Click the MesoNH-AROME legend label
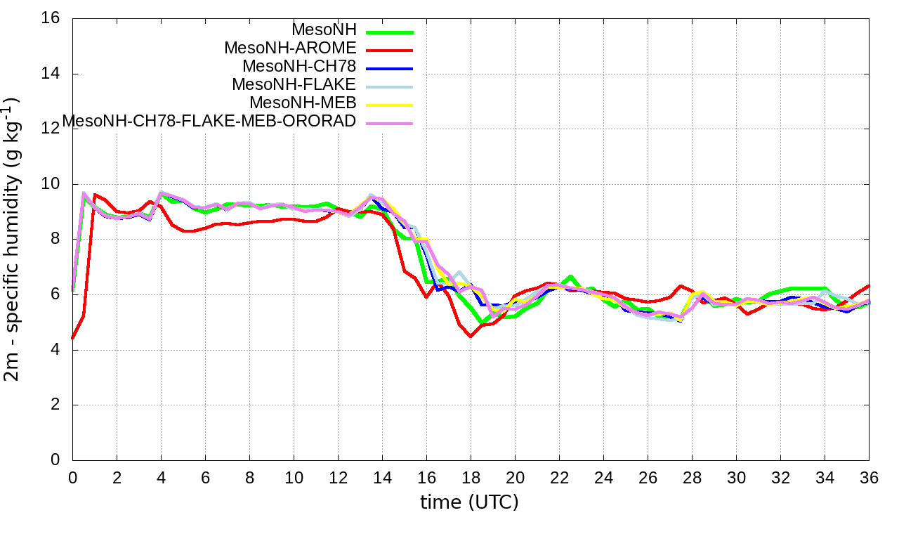pyautogui.click(x=290, y=48)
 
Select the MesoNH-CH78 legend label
pyautogui.click(x=299, y=67)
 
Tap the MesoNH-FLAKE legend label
pyautogui.click(x=294, y=84)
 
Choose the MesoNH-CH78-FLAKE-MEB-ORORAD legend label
pyautogui.click(x=209, y=121)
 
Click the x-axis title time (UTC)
pyautogui.click(x=469, y=502)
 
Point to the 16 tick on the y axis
pyautogui.click(x=51, y=19)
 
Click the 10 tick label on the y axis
pyautogui.click(x=51, y=184)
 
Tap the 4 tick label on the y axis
pyautogui.click(x=55, y=350)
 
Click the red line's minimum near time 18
pyautogui.click(x=471, y=337)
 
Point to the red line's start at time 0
pyautogui.click(x=73, y=338)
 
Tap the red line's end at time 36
pyautogui.click(x=869, y=285)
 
